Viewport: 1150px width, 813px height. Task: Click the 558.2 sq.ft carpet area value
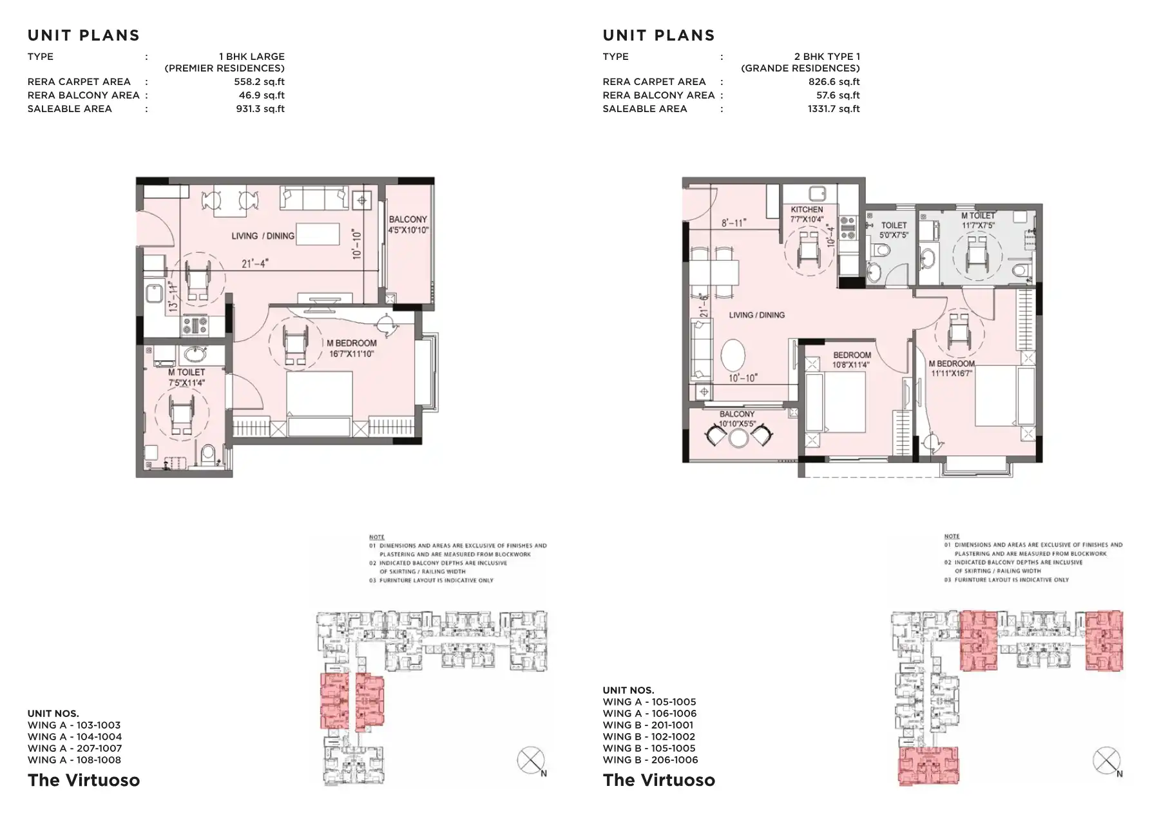coord(259,82)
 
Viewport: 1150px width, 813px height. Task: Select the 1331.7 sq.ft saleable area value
coord(833,109)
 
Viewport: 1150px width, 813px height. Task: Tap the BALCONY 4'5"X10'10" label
coord(408,225)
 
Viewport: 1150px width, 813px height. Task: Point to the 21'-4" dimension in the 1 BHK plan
coord(254,263)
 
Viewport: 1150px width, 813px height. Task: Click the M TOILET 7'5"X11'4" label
coord(187,378)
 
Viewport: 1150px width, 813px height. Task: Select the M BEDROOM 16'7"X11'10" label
coord(351,349)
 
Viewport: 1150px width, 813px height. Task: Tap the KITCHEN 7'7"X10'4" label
coord(807,215)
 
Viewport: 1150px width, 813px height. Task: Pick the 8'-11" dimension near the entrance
coord(733,223)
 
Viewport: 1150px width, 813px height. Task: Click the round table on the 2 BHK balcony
coord(738,438)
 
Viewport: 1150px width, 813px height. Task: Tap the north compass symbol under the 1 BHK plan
coord(531,761)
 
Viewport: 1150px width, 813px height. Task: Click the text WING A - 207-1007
coord(74,749)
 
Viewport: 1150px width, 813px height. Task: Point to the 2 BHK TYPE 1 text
coord(827,57)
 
